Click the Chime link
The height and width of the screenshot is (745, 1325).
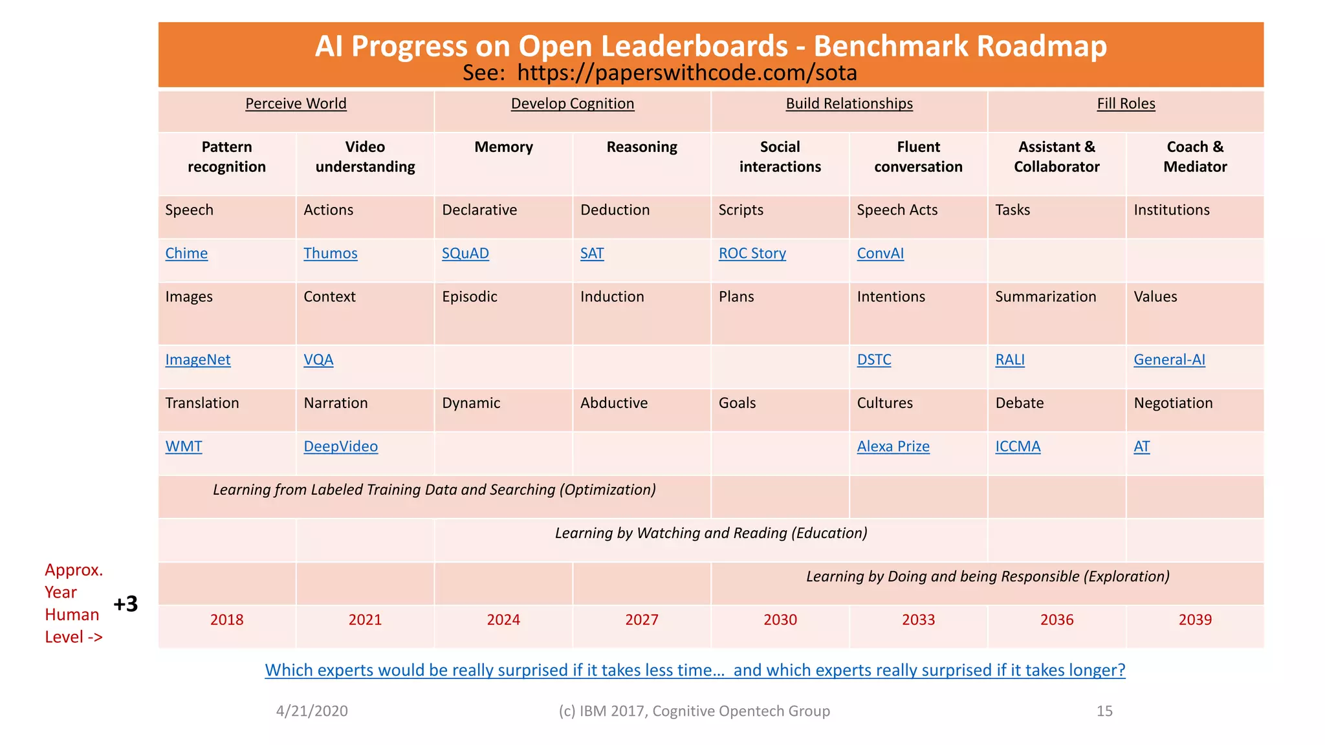point(186,254)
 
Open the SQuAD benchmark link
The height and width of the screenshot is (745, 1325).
point(465,254)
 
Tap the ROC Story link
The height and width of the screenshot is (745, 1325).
point(752,254)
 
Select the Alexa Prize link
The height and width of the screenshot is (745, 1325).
point(893,447)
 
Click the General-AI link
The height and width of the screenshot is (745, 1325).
point(1169,360)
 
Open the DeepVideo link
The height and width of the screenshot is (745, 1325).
point(340,447)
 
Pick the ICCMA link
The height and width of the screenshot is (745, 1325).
point(1018,447)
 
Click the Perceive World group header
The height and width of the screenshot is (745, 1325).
point(296,104)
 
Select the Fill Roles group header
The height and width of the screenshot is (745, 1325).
point(1126,104)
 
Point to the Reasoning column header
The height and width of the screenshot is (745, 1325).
point(642,147)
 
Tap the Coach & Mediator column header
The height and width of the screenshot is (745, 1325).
point(1195,157)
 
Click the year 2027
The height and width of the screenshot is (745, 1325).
point(642,620)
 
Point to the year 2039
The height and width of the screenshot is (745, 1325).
point(1195,620)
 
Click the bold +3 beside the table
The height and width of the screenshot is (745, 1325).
point(126,604)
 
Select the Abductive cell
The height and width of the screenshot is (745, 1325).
point(614,404)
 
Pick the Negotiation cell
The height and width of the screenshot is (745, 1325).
point(1173,404)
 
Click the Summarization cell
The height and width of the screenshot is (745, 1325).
point(1046,297)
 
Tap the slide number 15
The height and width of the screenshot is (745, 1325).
point(1104,711)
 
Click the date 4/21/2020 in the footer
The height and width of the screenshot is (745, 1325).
point(312,711)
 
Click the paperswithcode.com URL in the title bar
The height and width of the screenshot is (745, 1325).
point(687,73)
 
